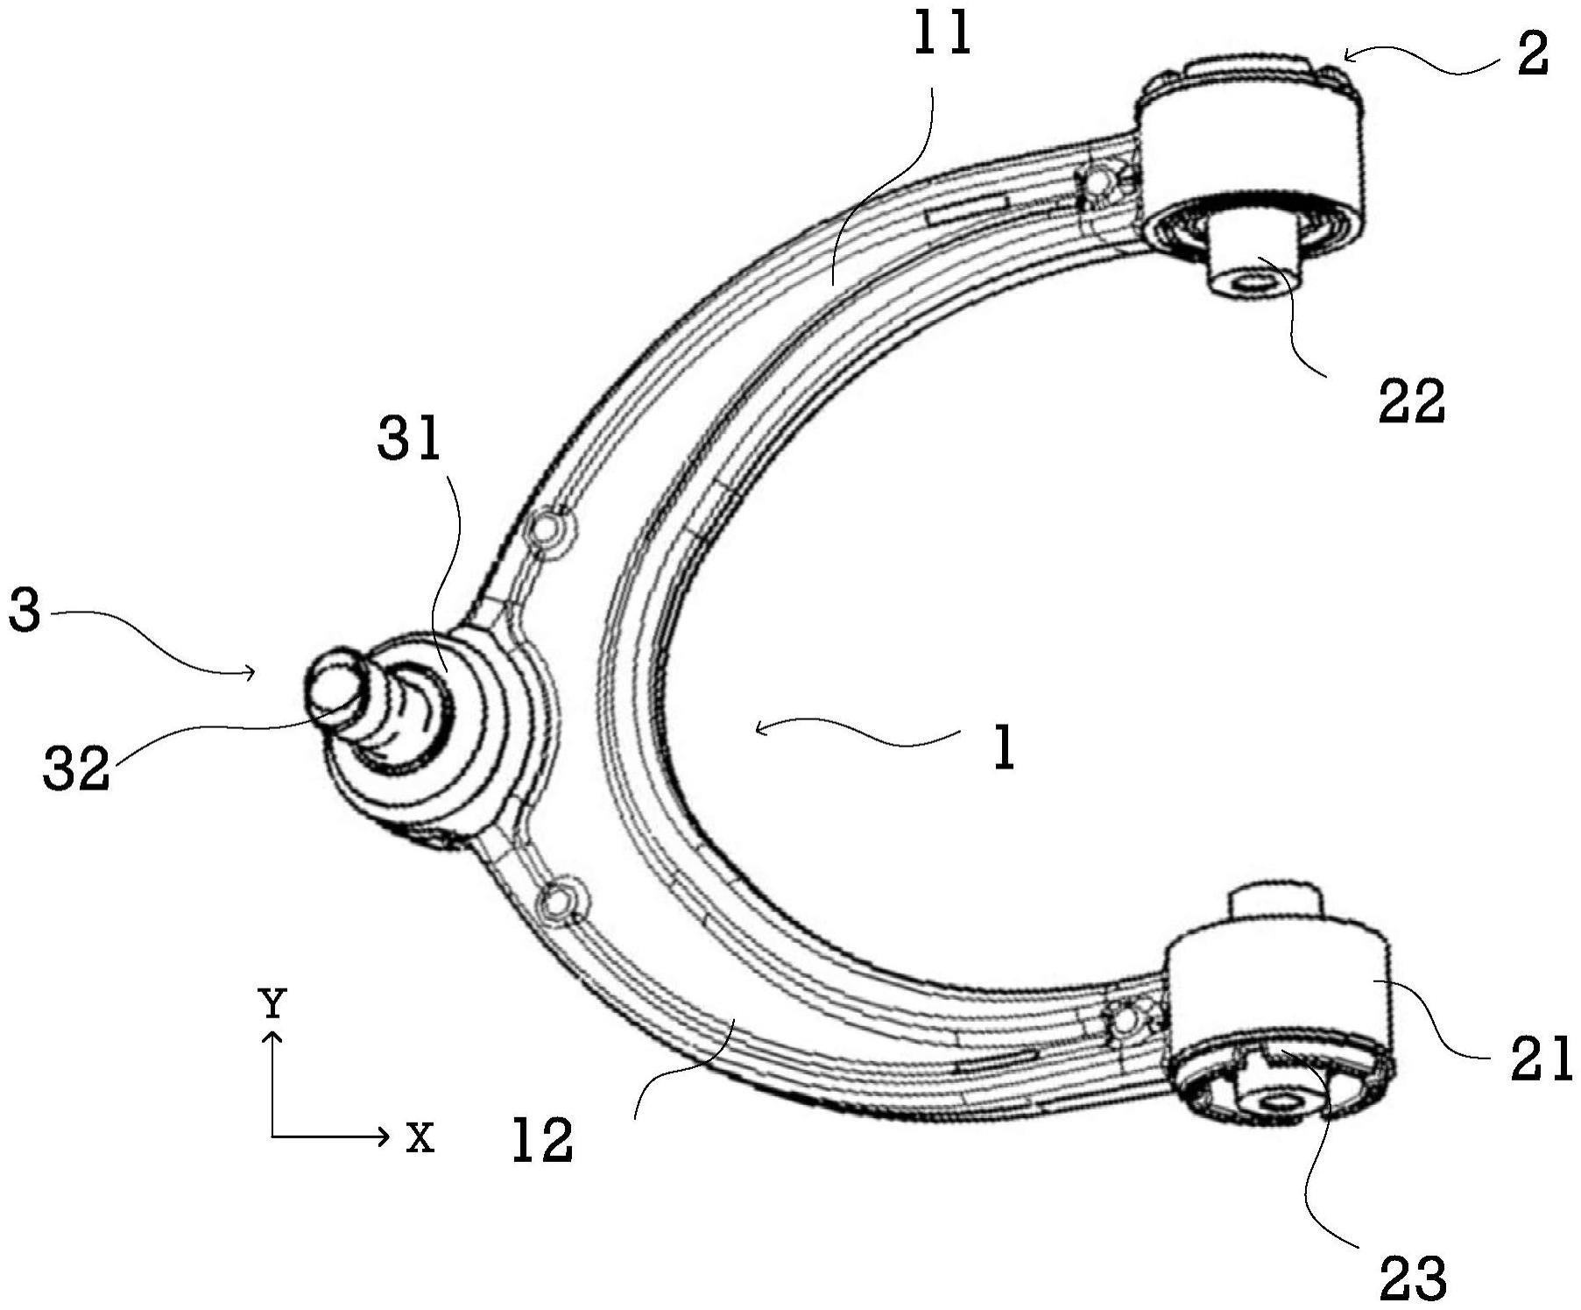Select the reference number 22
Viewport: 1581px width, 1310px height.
[1411, 402]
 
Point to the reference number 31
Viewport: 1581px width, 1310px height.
[409, 438]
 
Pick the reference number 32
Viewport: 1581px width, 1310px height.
[77, 768]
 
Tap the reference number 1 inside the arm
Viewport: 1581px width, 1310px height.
[1004, 748]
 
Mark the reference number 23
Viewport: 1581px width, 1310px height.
[1413, 1278]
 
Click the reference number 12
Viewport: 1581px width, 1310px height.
[542, 1139]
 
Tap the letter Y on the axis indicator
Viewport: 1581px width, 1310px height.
[272, 1002]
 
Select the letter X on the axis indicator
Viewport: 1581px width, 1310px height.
[420, 1137]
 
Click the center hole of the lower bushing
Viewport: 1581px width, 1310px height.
[1276, 1101]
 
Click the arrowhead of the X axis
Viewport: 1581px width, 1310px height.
[384, 1137]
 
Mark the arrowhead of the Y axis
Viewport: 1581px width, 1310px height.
[273, 1038]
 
